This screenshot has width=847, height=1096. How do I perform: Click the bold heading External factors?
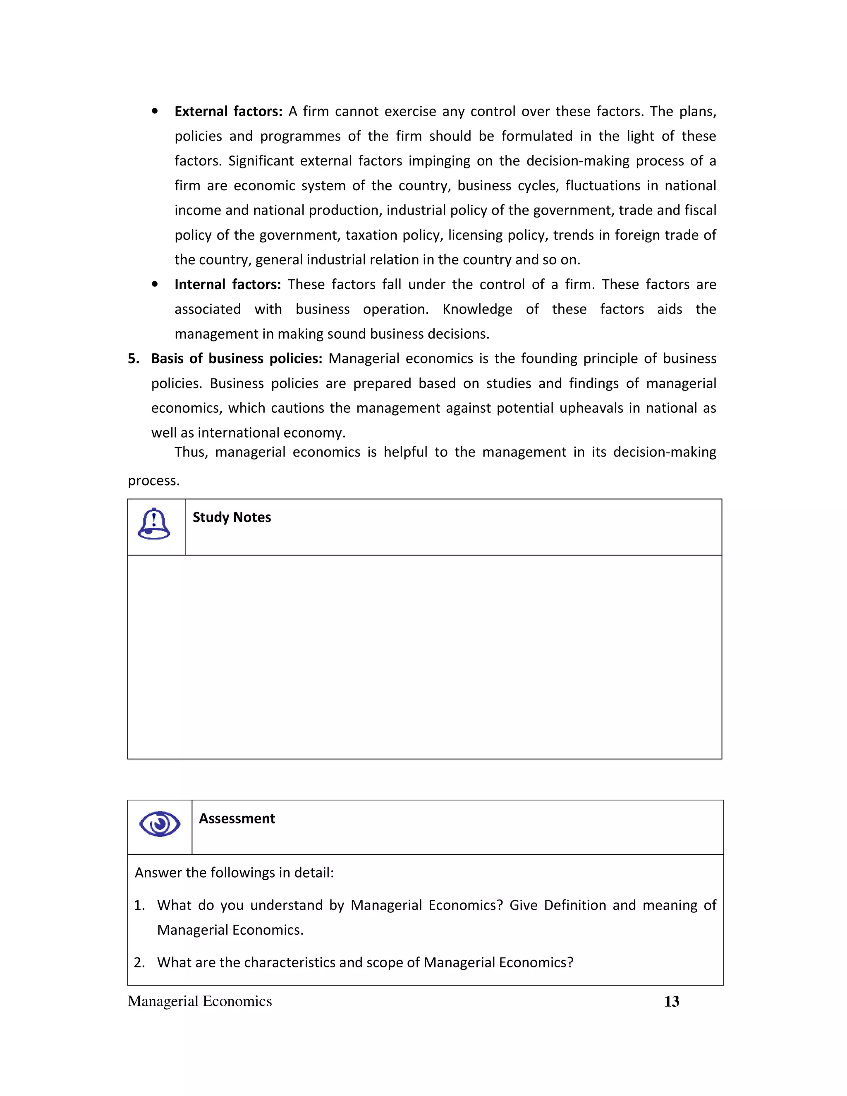(228, 111)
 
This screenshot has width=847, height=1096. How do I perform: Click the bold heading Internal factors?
(227, 285)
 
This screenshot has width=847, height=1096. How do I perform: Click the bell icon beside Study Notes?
(154, 524)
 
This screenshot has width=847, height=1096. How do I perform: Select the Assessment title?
(237, 818)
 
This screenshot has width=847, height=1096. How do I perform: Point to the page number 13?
(671, 1002)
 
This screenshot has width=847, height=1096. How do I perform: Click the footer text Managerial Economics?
(200, 1001)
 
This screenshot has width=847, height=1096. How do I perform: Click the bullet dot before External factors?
(155, 111)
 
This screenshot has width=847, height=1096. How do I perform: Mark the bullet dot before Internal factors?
(155, 285)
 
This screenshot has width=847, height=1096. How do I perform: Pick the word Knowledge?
(477, 309)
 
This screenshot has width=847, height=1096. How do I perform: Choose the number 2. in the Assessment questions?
(139, 962)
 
